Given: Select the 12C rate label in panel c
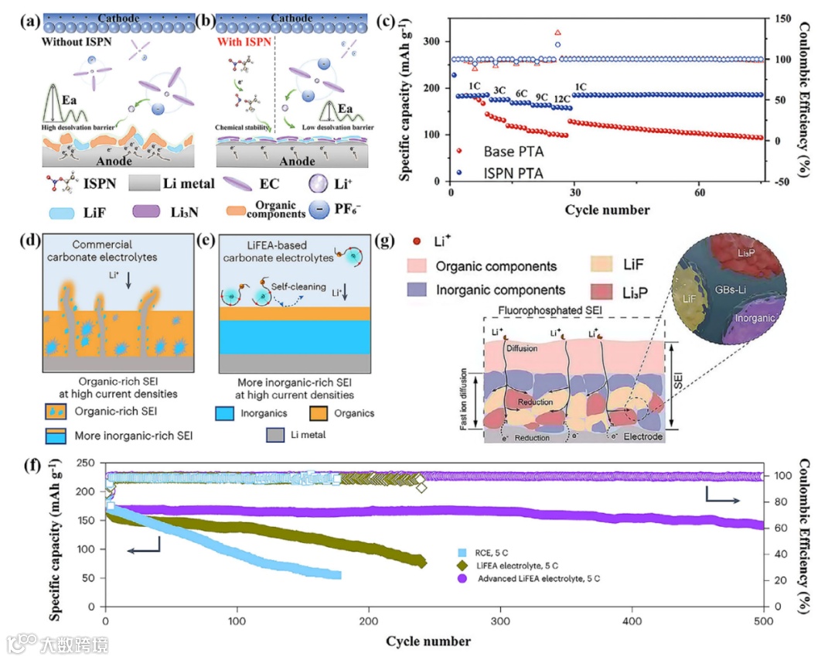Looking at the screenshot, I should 561,98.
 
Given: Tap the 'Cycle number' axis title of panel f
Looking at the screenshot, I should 428,641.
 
